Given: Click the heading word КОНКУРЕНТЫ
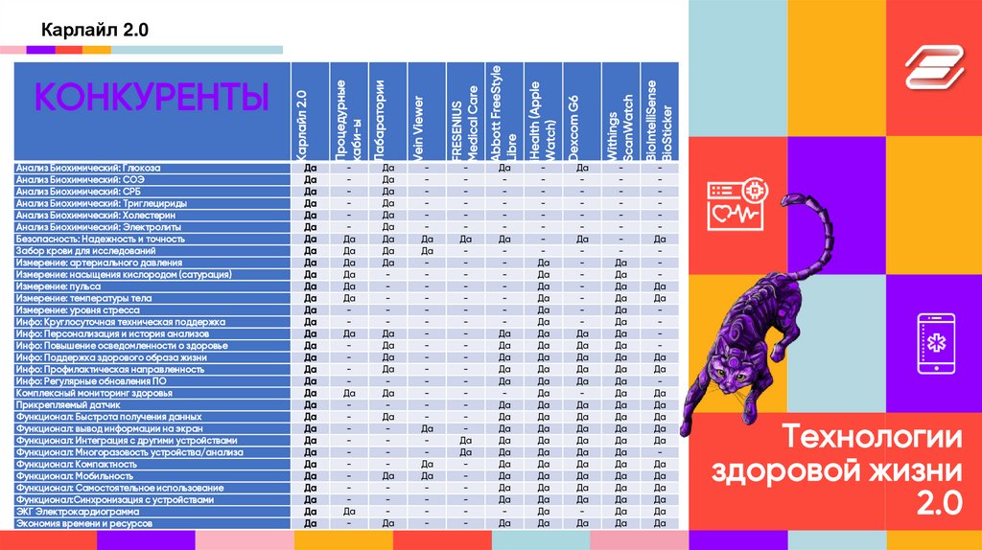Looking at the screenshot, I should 152,98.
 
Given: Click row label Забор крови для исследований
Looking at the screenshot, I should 93,251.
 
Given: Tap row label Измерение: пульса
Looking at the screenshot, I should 58,286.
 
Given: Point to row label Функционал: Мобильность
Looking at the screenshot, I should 75,476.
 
